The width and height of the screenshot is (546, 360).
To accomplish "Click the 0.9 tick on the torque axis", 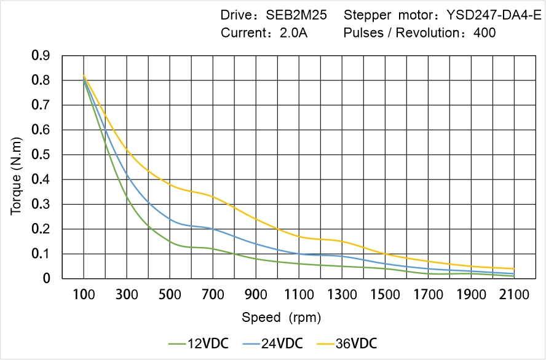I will tap(41, 56).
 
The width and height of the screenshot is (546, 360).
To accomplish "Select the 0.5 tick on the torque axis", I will tap(41, 155).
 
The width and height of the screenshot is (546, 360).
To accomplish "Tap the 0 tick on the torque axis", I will tap(47, 278).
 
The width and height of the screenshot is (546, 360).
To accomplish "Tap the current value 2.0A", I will tap(293, 33).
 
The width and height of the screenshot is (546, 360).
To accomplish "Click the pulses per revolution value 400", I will tap(485, 33).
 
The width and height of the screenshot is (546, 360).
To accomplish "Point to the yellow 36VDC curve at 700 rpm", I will tap(213, 197).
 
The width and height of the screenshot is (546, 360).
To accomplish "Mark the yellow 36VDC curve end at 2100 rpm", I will tap(514, 268).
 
